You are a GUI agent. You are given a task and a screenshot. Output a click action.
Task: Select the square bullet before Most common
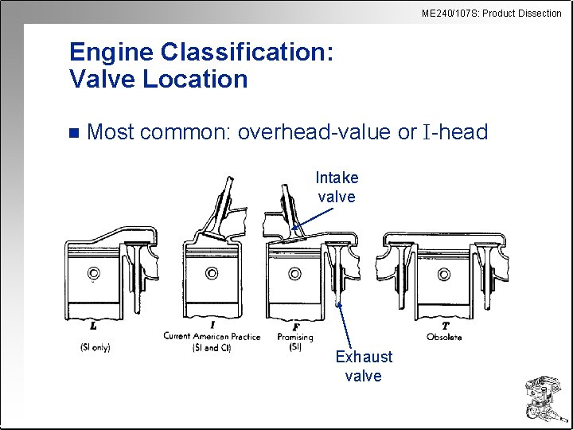pos(74,132)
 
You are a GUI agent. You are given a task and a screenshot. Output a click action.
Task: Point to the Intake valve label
pos(337,186)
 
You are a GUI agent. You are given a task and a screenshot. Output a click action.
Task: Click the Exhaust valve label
pos(364,366)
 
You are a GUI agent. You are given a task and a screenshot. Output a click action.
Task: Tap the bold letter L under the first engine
pos(94,326)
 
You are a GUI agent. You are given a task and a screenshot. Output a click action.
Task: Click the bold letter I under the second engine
pos(212,326)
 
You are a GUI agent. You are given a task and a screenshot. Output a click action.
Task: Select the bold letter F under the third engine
pos(295,326)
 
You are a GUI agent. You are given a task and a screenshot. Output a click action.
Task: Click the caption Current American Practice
pos(212,336)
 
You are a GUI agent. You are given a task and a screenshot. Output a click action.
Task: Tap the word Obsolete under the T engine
pos(444,337)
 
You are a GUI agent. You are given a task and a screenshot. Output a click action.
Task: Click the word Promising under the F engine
pos(295,337)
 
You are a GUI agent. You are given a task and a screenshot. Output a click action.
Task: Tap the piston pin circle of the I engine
pos(212,274)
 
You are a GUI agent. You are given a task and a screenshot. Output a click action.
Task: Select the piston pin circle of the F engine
pos(294,274)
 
